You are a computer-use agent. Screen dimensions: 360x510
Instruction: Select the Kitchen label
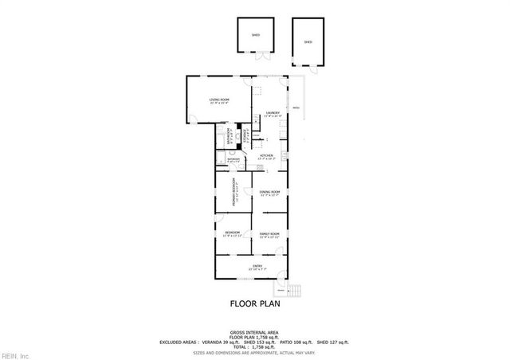[x=266, y=156]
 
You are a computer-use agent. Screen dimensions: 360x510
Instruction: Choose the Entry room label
[x=257, y=267]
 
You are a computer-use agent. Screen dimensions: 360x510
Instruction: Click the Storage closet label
[x=245, y=136]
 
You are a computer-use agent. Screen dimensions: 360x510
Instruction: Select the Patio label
[x=295, y=108]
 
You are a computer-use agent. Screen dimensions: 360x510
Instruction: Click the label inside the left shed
[x=256, y=36]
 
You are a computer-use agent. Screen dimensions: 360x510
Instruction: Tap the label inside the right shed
[x=308, y=41]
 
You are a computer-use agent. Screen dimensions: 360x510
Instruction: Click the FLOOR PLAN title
[x=255, y=303]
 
